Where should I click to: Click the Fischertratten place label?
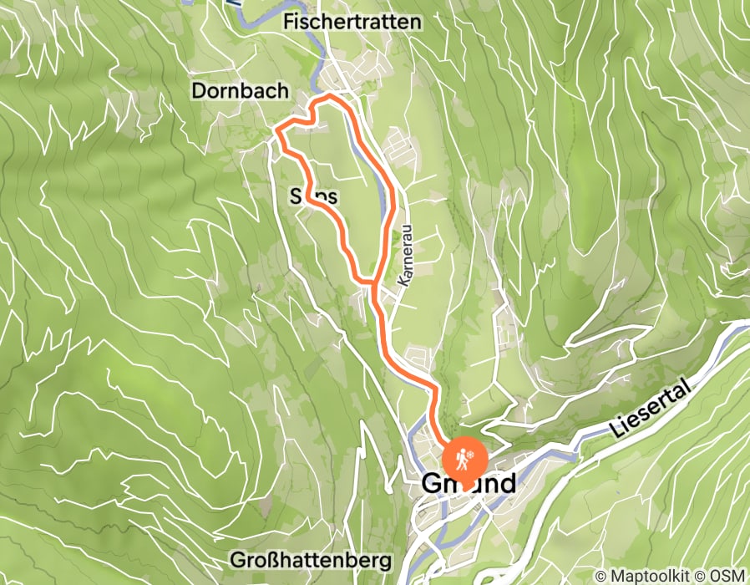pyautogui.click(x=352, y=22)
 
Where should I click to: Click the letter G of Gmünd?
pyautogui.click(x=433, y=484)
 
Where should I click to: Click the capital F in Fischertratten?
pyautogui.click(x=289, y=22)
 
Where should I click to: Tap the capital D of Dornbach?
pyautogui.click(x=198, y=89)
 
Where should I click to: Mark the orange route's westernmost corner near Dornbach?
pyautogui.click(x=277, y=130)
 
